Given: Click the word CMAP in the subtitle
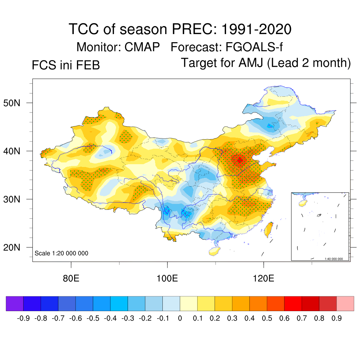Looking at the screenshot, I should (x=142, y=47).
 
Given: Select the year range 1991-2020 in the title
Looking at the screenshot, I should (x=256, y=29).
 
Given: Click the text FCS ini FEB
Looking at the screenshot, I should (x=66, y=65).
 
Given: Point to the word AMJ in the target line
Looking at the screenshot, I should (x=252, y=63).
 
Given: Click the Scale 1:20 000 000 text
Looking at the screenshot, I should (x=62, y=253).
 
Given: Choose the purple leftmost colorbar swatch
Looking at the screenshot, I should (x=15, y=303).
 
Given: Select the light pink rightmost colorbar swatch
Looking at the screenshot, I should (x=345, y=303).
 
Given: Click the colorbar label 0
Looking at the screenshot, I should (x=180, y=319).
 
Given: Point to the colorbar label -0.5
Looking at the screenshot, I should (x=91, y=319).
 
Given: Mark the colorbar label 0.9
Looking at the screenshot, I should (x=337, y=319).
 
